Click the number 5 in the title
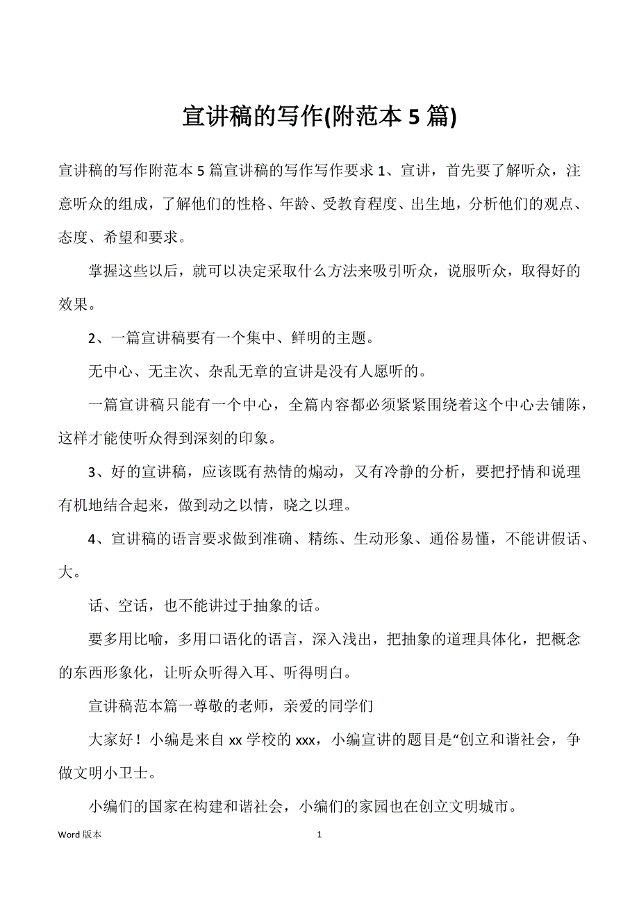coord(413,117)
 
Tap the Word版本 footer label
coord(80,835)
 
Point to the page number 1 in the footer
coord(319,835)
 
